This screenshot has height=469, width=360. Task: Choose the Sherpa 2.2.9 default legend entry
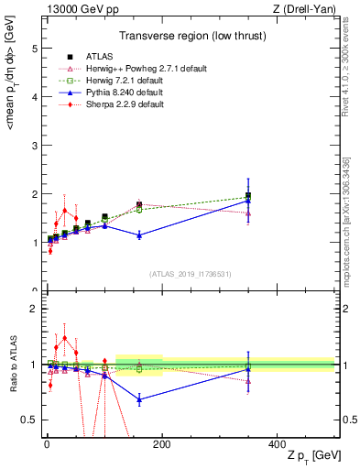pyautogui.click(x=115, y=104)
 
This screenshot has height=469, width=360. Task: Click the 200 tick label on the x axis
pyautogui.click(x=161, y=443)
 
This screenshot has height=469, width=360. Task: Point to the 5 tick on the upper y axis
pyautogui.click(x=34, y=49)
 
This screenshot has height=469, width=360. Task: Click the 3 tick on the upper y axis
pyautogui.click(x=34, y=146)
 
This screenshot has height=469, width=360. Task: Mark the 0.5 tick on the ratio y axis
pyautogui.click(x=30, y=420)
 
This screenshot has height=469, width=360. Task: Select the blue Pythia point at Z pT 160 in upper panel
pyautogui.click(x=139, y=235)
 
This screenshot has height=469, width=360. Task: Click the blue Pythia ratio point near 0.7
pyautogui.click(x=139, y=399)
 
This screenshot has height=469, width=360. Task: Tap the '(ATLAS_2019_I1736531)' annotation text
pyautogui.click(x=190, y=274)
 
